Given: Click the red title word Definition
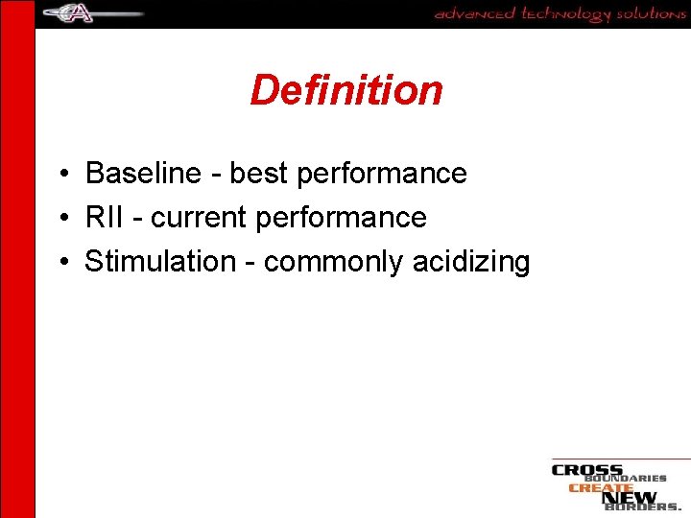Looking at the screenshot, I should click(x=346, y=90).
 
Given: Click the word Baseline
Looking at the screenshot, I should click(x=141, y=174).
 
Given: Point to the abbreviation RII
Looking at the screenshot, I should click(x=105, y=218).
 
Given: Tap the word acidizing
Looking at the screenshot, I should click(x=471, y=262).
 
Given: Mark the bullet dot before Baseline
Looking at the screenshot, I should click(x=60, y=175).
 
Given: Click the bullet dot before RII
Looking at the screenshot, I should click(x=60, y=219).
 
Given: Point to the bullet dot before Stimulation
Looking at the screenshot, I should click(x=60, y=262).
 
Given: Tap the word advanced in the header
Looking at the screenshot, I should click(x=474, y=13).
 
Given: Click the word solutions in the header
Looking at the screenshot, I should click(x=651, y=13).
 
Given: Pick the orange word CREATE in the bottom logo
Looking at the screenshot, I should click(x=601, y=487).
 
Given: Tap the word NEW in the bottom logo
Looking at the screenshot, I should click(x=630, y=498).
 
